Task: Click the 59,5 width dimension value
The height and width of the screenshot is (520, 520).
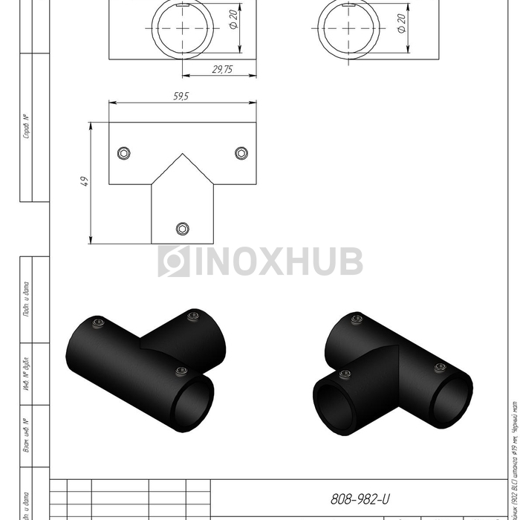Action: tap(182, 96)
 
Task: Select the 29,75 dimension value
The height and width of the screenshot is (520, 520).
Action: tap(221, 68)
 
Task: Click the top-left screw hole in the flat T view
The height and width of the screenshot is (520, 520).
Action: tap(124, 153)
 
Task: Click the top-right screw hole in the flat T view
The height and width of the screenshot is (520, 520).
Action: tap(241, 153)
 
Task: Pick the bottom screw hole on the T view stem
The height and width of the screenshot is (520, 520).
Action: tap(182, 227)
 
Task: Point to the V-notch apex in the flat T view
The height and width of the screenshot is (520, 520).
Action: tap(182, 155)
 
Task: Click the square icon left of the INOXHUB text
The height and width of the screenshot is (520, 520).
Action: tap(173, 261)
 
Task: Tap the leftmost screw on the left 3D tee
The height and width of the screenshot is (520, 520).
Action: tap(99, 322)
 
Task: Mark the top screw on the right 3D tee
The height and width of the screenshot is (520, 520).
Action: tap(357, 319)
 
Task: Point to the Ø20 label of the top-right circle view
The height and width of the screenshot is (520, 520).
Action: tap(400, 23)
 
